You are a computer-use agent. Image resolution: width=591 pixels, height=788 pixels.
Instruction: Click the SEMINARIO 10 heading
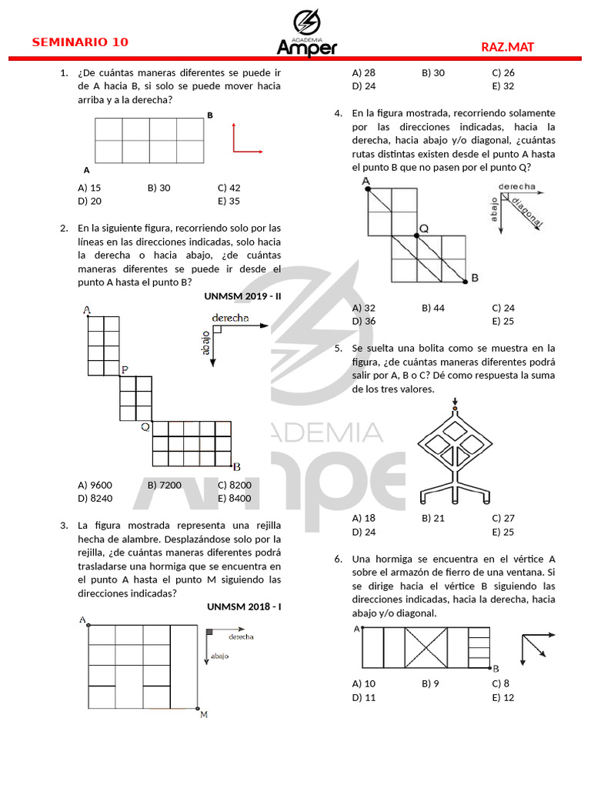click(x=80, y=42)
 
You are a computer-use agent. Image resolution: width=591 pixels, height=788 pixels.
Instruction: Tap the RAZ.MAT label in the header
click(x=507, y=47)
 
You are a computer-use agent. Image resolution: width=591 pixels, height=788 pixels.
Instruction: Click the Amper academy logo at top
click(x=306, y=33)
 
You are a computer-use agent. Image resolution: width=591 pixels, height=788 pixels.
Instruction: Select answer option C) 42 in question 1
click(x=229, y=188)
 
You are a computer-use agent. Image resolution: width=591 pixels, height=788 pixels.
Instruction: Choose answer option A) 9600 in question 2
click(x=95, y=485)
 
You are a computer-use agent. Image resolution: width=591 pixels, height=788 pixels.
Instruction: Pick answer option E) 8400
click(x=234, y=498)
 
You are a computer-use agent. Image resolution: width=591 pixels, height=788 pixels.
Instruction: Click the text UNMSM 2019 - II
click(x=243, y=295)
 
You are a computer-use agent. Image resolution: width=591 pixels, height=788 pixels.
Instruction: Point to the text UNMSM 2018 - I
click(x=244, y=606)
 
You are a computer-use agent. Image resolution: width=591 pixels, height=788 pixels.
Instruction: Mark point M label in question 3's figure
click(x=204, y=715)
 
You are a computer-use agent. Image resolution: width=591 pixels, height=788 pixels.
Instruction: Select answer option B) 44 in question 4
click(x=433, y=308)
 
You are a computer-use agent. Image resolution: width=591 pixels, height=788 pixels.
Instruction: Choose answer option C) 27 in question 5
click(x=503, y=518)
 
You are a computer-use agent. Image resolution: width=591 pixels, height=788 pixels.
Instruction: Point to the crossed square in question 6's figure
click(x=426, y=648)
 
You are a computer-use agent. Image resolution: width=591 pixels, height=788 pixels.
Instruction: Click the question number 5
click(x=338, y=348)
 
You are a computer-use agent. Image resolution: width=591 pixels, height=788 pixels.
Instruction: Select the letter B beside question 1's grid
click(x=210, y=115)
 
